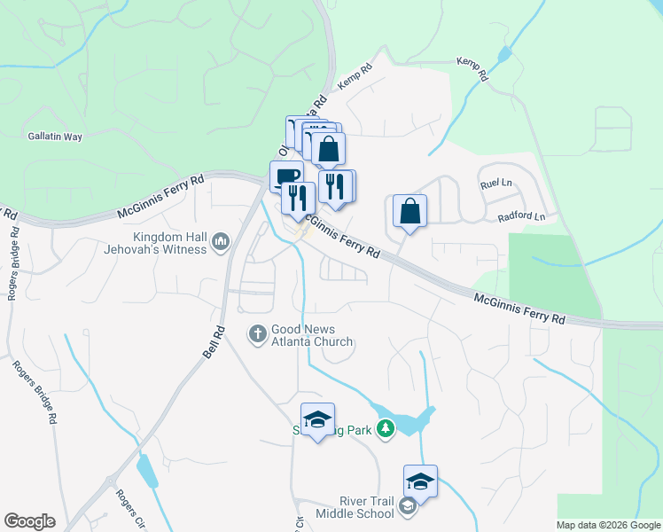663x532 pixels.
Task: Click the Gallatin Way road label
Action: tap(54, 137)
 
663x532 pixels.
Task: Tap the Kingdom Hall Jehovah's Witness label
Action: tap(171, 243)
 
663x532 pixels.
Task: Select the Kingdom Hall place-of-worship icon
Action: tap(221, 241)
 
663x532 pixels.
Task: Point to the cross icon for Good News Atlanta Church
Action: tap(257, 333)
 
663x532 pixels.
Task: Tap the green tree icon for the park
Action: tap(385, 430)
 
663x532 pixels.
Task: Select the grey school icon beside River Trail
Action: tap(408, 507)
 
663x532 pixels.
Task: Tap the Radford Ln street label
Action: tap(520, 216)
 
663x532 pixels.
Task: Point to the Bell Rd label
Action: tap(211, 340)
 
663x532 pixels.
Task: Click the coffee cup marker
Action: tap(285, 176)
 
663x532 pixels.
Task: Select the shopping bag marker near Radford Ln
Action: tap(409, 212)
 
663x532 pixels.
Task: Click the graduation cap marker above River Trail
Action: tap(420, 481)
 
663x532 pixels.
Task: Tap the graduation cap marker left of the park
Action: tap(317, 419)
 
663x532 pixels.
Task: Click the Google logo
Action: tap(29, 521)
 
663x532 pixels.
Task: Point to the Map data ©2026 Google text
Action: tap(608, 525)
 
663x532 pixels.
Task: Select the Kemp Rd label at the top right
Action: tap(473, 68)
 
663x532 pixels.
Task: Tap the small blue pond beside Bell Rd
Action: tap(146, 471)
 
